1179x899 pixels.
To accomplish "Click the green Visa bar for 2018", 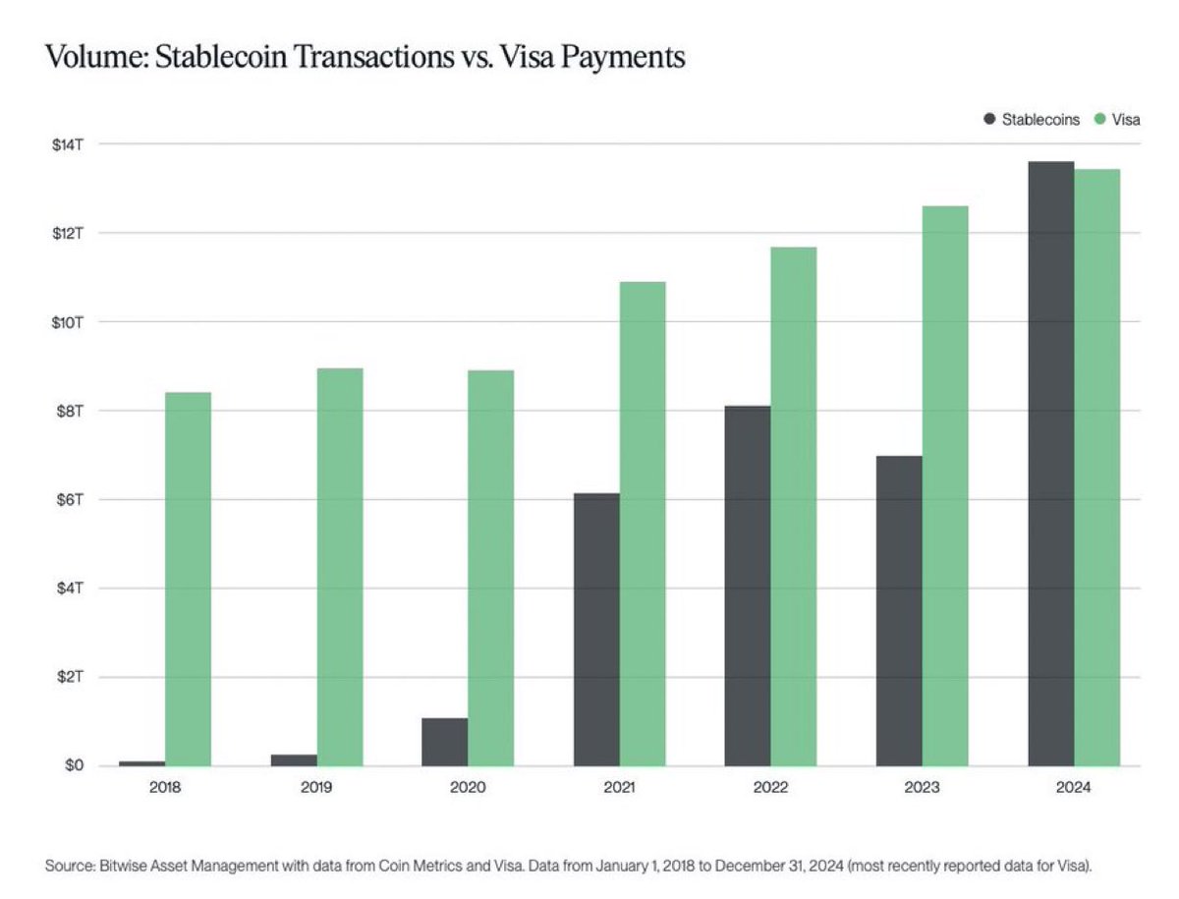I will click(x=188, y=580).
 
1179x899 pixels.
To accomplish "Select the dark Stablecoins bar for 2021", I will click(x=596, y=629).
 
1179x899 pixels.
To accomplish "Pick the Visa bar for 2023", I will click(x=945, y=486).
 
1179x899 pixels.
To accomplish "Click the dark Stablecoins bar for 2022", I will click(x=748, y=586).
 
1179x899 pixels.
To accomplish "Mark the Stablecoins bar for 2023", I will click(x=899, y=610).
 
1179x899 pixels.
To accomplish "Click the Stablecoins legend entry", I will click(x=1032, y=119).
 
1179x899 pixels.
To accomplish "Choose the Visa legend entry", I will click(x=1118, y=119).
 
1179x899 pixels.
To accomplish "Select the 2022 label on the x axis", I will click(x=770, y=787).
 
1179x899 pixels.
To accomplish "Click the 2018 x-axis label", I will click(x=165, y=787).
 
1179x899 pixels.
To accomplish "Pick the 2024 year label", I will click(x=1073, y=787).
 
